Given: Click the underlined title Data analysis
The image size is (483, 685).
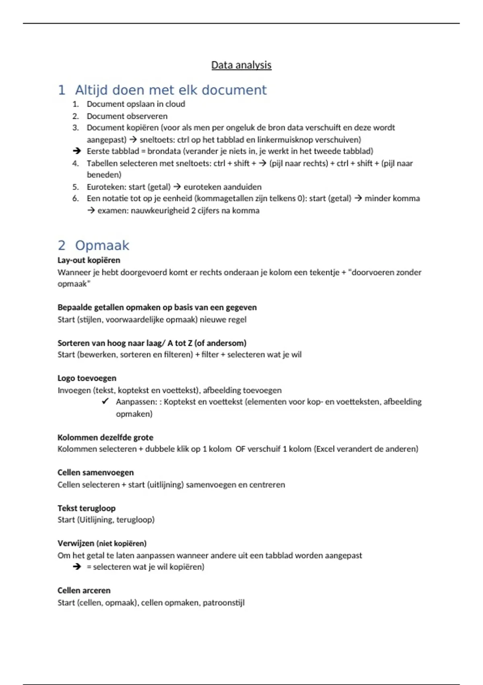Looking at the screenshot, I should (x=241, y=65).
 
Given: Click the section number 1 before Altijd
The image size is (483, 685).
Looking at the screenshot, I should (x=62, y=90).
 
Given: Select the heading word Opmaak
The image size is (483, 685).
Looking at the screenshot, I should (x=102, y=245).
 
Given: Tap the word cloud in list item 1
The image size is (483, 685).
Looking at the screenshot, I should (x=175, y=104).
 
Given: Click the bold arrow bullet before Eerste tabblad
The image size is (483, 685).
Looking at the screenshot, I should (x=76, y=151).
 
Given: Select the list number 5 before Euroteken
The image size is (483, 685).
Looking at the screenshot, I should (x=75, y=187).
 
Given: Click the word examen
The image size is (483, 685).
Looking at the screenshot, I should (x=111, y=210).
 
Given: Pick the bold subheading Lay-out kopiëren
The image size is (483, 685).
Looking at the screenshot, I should (x=89, y=260).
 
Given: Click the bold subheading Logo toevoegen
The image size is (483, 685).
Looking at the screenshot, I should (x=87, y=378).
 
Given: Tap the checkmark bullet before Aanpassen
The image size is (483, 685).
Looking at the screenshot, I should (x=105, y=401).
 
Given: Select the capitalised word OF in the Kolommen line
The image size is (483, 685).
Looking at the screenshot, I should (x=240, y=449).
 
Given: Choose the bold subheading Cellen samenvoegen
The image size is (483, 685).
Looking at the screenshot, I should (x=95, y=472).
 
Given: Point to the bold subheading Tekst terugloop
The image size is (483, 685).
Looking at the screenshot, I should (x=86, y=508).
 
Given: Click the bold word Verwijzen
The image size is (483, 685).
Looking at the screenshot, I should (x=76, y=543).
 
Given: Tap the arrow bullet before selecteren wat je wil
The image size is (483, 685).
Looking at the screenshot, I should (x=76, y=567).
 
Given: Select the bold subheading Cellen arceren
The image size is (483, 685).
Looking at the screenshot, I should (x=84, y=590).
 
